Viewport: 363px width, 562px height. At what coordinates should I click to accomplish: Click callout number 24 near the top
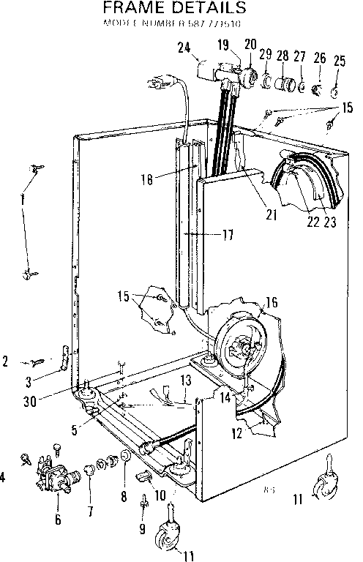[x=184, y=48]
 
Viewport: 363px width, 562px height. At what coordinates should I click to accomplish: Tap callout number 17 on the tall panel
[x=228, y=235]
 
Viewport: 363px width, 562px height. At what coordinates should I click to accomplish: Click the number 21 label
[x=272, y=214]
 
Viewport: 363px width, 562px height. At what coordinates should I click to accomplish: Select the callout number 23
[x=330, y=223]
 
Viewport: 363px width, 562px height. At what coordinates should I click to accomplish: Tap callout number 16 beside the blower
[x=272, y=301]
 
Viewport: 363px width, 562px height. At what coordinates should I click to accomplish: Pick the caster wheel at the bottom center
[x=168, y=538]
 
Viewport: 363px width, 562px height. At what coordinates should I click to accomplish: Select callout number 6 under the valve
[x=58, y=520]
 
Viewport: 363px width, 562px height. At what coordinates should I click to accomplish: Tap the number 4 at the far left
[x=3, y=478]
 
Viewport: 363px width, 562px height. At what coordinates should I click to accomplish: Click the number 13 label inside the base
[x=186, y=380]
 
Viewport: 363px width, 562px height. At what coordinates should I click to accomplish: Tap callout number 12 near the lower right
[x=236, y=432]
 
